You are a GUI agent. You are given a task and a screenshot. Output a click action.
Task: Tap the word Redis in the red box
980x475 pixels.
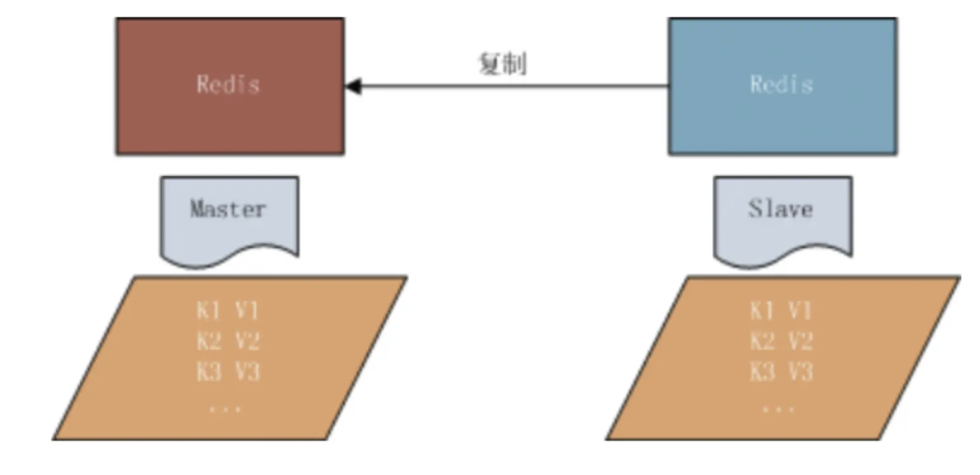pos(228,84)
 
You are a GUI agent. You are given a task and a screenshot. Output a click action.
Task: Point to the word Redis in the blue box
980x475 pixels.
pos(781,84)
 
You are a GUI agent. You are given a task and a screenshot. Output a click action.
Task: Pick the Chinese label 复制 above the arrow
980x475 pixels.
pos(502,63)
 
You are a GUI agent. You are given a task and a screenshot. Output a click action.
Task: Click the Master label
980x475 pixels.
pos(228,209)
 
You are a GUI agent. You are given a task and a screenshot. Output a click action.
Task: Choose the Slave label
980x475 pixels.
pos(781,209)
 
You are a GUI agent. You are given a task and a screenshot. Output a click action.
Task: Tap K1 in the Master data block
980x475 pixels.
pos(209,310)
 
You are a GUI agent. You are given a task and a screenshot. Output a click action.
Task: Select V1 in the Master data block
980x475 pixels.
pos(247,310)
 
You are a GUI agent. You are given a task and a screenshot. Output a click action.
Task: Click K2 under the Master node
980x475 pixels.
pos(209,341)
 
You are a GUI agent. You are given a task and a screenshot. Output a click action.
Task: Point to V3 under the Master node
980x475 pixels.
pos(247,371)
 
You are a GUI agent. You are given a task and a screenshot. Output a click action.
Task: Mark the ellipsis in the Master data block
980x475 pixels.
pos(225,409)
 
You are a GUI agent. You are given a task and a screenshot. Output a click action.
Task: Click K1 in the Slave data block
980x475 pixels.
pos(762,310)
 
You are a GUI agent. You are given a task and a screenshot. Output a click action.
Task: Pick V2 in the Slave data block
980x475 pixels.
pos(800,341)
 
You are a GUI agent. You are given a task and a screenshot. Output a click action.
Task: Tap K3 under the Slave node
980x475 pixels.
pos(762,371)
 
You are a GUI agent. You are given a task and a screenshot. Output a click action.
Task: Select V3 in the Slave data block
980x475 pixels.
pos(800,371)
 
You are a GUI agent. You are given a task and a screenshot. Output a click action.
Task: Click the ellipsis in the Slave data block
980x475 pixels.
pos(779,409)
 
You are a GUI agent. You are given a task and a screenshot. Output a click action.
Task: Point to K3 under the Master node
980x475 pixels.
pos(209,371)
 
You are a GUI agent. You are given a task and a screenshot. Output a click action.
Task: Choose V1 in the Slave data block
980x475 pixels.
pos(800,310)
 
